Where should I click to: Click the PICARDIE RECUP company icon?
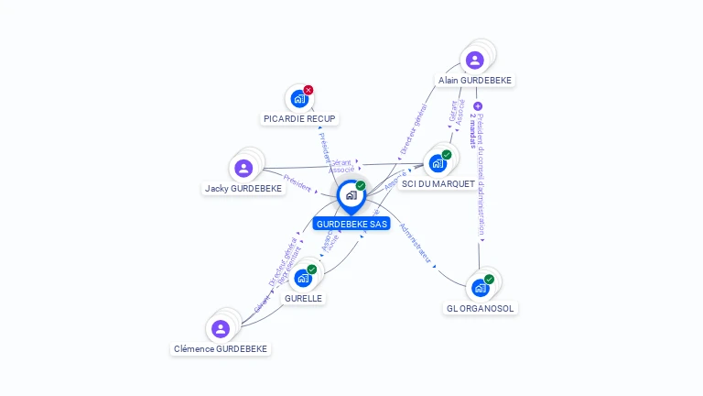(x=298, y=98)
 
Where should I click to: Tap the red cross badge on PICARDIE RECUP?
(x=308, y=90)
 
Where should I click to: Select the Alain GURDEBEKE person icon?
(x=474, y=60)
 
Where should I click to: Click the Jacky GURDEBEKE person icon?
(x=243, y=168)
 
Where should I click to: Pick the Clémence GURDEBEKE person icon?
(x=220, y=328)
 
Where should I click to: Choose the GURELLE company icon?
(x=303, y=278)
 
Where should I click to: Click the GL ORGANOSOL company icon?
(x=480, y=288)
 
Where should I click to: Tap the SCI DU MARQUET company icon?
(x=438, y=163)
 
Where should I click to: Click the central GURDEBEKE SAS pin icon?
(x=351, y=195)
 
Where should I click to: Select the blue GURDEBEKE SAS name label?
(x=351, y=224)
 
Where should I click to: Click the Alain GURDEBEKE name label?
(x=474, y=81)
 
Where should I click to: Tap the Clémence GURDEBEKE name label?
(x=221, y=349)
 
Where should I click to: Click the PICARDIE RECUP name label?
(x=299, y=119)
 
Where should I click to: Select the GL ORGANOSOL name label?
(x=481, y=309)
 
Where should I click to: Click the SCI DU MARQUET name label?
(x=438, y=184)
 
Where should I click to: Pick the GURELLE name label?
(x=303, y=299)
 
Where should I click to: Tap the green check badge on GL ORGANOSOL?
(x=489, y=279)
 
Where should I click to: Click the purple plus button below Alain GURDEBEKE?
(x=478, y=106)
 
